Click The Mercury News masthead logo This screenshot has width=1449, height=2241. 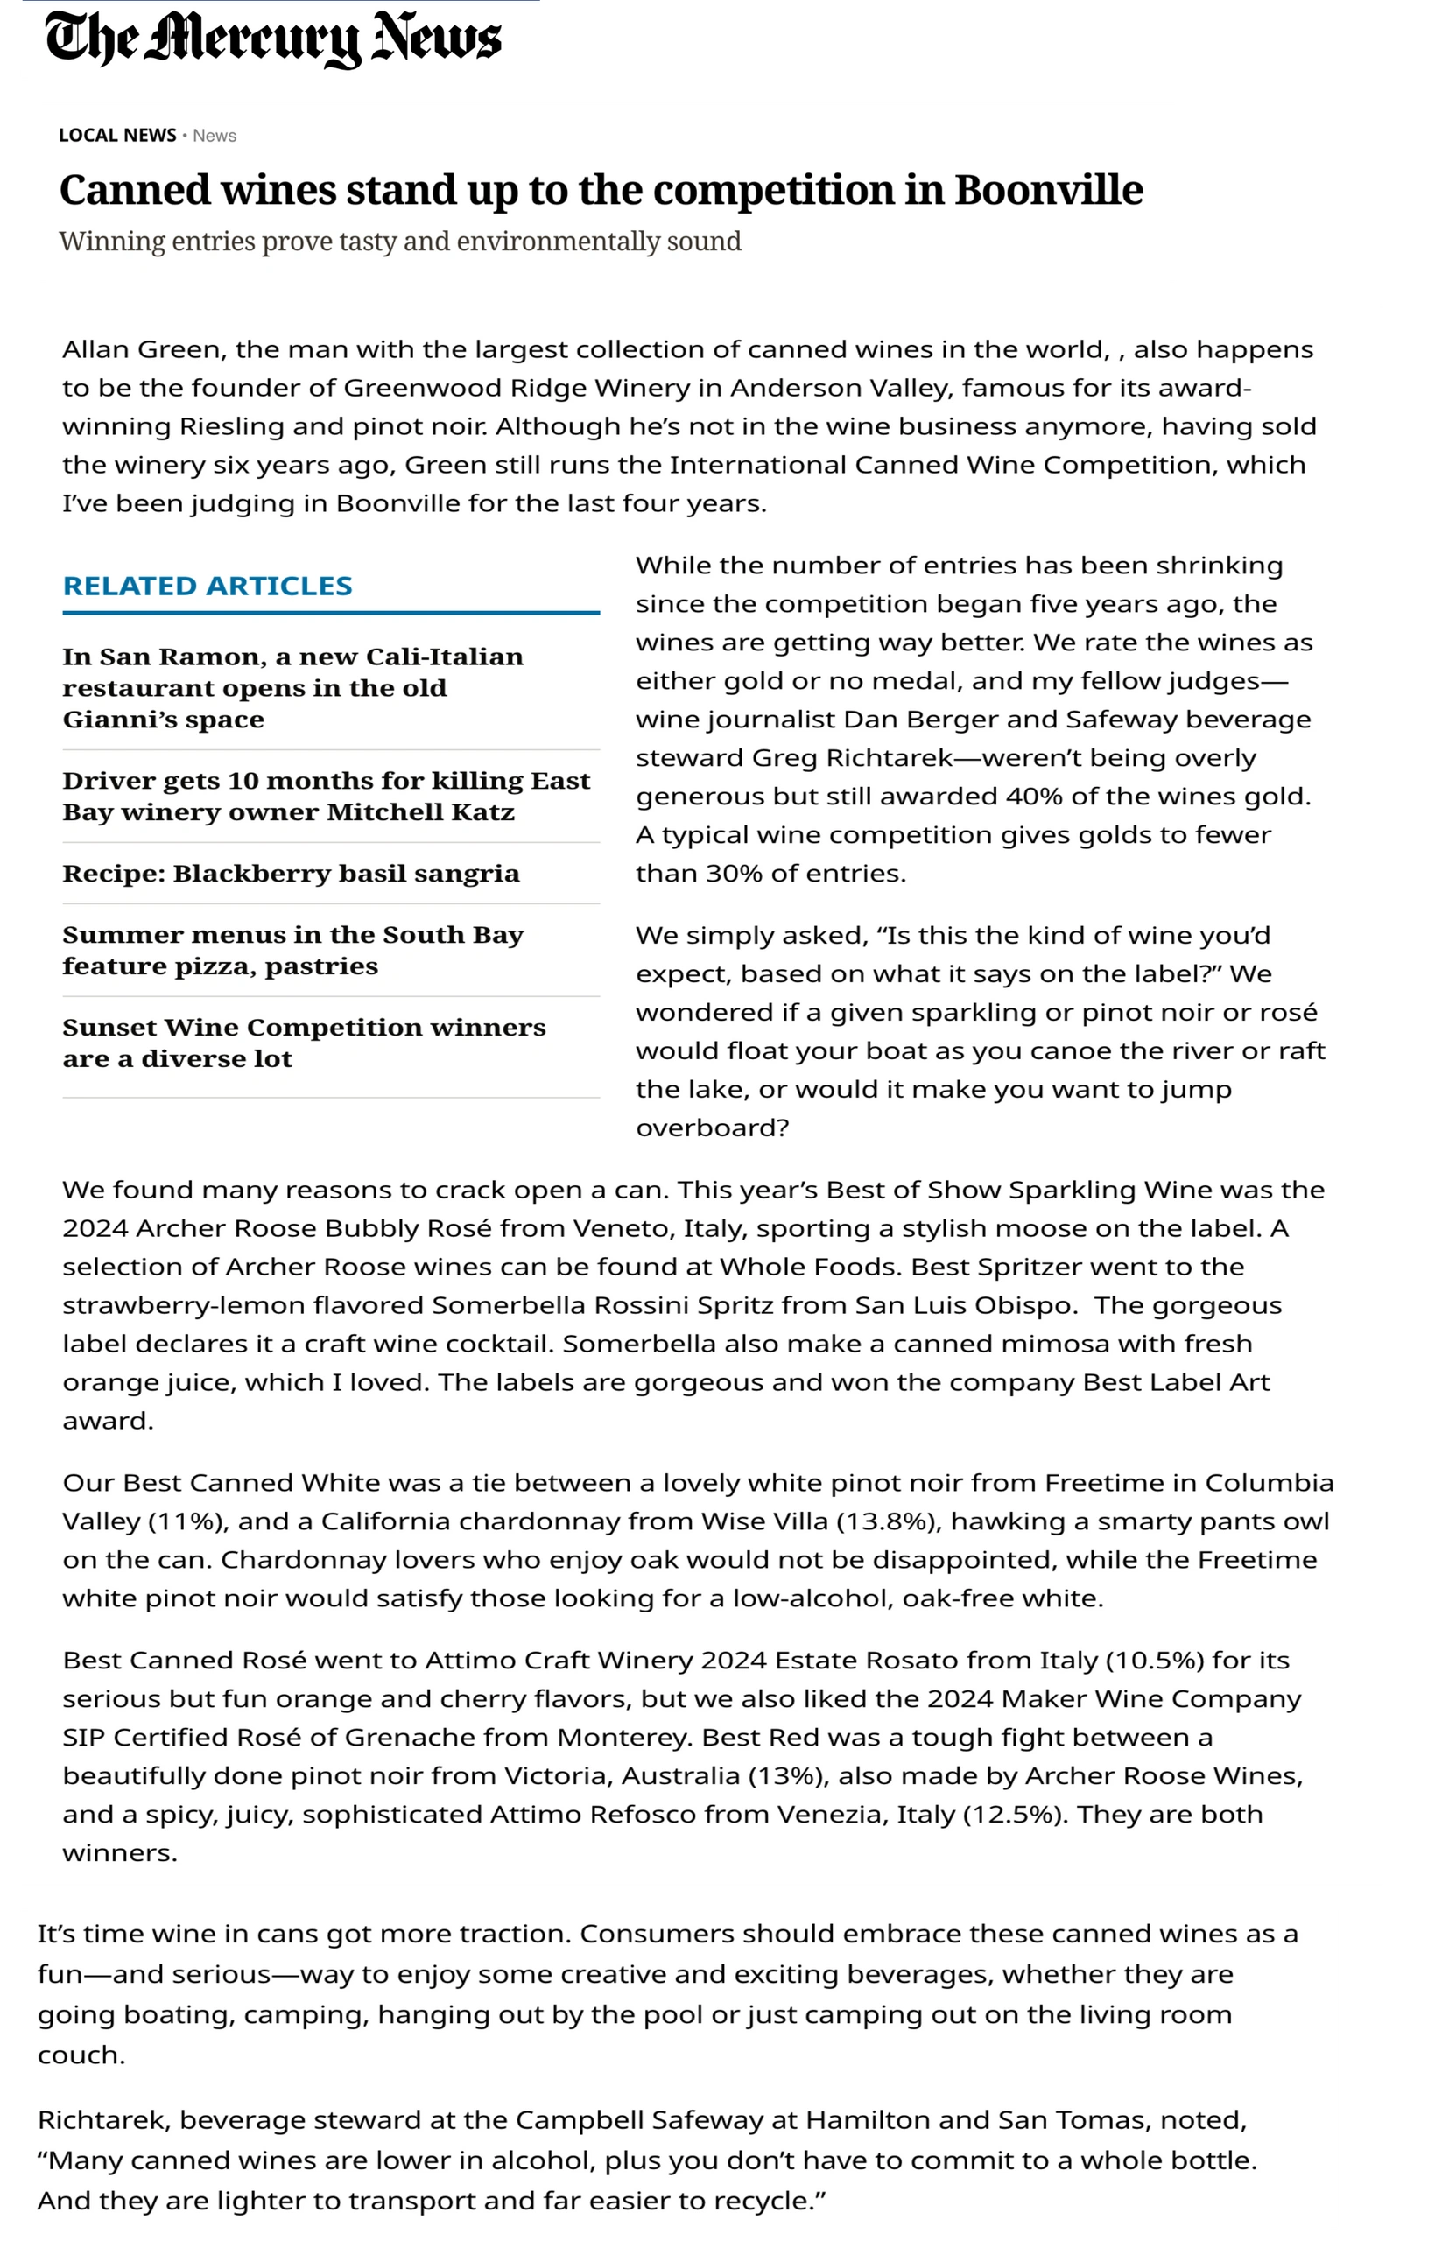(273, 40)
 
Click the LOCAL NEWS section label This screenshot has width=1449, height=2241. (116, 136)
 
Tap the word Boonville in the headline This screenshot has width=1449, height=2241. (1048, 190)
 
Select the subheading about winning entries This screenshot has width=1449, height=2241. (400, 242)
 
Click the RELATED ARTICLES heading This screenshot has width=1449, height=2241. (207, 587)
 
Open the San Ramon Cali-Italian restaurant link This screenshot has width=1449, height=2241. (292, 688)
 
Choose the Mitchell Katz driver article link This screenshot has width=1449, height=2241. (326, 796)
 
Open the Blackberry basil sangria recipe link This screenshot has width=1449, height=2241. (291, 873)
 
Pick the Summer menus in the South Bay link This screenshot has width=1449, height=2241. (292, 950)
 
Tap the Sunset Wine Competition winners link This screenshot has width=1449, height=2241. (304, 1043)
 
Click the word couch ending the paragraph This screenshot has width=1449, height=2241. (80, 2055)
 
